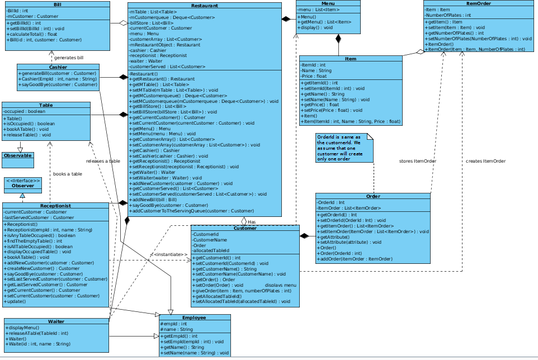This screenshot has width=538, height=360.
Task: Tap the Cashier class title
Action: coord(58,67)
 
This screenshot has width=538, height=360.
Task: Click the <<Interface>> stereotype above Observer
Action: coord(23,181)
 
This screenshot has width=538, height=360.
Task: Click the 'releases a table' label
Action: coord(103,161)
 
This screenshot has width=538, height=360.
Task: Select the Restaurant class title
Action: coord(205,6)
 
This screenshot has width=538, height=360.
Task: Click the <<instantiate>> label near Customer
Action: coord(168,255)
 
